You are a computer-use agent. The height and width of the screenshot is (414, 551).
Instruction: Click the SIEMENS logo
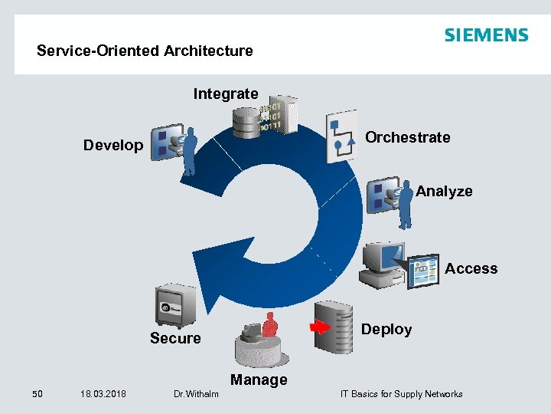486,35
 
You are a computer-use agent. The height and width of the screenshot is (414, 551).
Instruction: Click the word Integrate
226,94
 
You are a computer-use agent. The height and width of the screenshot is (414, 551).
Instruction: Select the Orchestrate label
408,137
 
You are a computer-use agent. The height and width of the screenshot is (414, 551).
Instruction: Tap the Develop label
113,145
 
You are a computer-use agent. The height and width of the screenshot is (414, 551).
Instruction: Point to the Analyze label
444,191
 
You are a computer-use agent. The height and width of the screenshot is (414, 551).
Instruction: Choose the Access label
471,268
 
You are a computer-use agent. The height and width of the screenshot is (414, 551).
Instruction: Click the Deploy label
386,329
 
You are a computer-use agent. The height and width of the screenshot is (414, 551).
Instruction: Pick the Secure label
175,338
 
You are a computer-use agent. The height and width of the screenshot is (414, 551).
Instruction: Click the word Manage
259,379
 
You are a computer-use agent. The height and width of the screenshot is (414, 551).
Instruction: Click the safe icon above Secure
175,306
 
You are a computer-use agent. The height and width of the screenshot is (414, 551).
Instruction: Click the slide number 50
37,394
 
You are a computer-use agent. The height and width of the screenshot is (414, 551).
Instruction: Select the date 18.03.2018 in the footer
103,394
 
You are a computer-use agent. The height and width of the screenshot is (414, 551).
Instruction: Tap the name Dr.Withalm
196,394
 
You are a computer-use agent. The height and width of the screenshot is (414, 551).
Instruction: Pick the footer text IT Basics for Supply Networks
401,394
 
